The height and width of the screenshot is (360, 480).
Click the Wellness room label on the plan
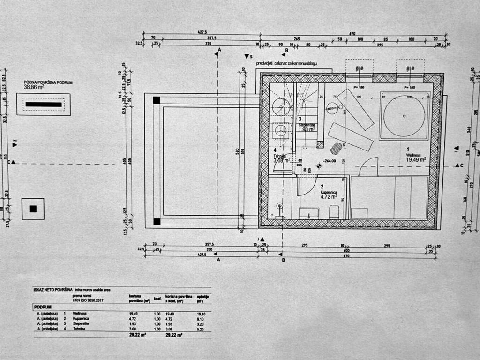414,155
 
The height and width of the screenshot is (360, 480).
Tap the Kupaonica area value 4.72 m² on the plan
329,197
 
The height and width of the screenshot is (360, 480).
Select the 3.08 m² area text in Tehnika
282,160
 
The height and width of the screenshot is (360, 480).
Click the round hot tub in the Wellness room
404,115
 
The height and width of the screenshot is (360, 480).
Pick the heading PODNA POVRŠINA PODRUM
48,82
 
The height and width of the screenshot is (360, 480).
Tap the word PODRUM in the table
42,307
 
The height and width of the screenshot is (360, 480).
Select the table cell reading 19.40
201,314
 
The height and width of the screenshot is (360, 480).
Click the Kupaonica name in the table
80,319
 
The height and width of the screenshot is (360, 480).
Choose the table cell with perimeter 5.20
201,329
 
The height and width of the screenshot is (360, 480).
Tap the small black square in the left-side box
33,209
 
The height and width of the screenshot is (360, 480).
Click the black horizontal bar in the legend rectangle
44,104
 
